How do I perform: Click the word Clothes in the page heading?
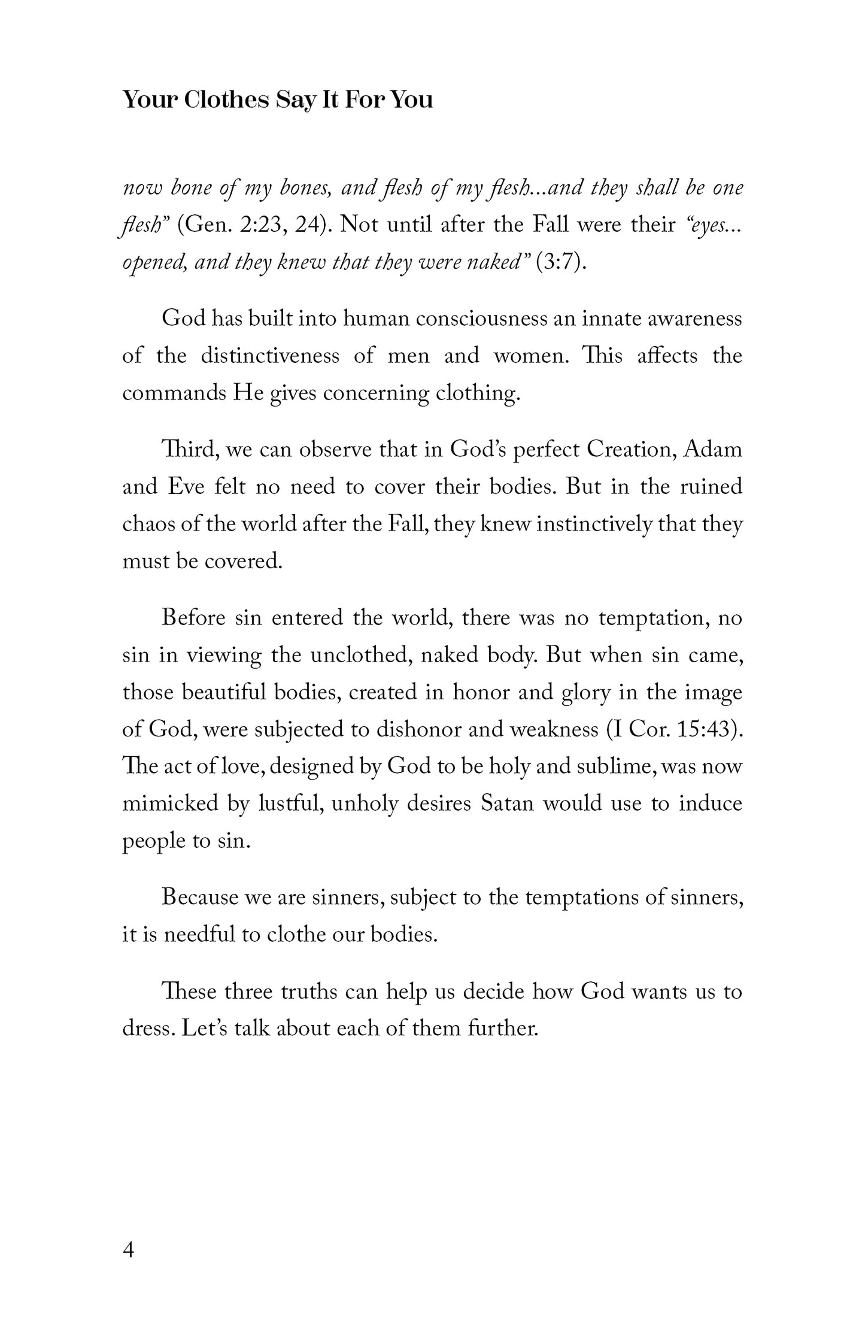tap(225, 100)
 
